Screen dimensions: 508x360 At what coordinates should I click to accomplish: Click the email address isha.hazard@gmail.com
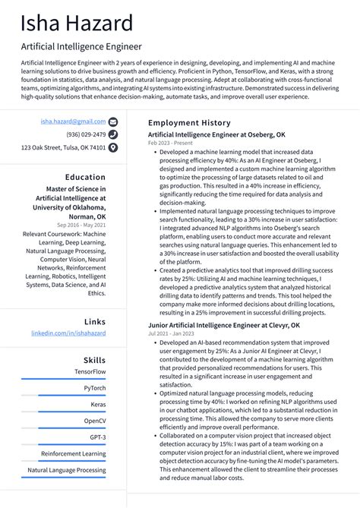coord(74,121)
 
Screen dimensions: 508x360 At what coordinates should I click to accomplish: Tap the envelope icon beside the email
coord(113,121)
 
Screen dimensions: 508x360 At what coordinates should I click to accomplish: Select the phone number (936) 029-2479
coord(87,134)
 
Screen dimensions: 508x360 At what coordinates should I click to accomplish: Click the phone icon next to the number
coord(113,134)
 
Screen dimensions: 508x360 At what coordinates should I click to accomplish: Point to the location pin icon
coord(113,147)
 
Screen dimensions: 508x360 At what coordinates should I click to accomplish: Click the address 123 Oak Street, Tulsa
coord(63,147)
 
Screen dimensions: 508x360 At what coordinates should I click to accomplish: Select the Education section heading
coord(85,177)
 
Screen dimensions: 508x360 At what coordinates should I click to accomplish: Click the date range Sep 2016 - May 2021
coord(81,225)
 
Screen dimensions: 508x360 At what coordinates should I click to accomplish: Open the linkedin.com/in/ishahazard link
coord(68,333)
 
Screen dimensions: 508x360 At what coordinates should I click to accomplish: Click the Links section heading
coord(95,322)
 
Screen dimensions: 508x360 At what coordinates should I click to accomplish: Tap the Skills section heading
coord(94,359)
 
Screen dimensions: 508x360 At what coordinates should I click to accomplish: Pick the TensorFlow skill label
coord(90,371)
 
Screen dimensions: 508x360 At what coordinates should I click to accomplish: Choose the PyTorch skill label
coord(95,387)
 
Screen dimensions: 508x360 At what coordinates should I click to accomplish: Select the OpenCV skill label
coord(95,420)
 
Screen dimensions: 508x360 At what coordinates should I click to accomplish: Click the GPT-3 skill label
coord(97,437)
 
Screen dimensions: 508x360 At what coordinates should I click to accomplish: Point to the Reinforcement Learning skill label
coord(74,453)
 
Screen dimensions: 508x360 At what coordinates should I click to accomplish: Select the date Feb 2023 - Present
coord(170,142)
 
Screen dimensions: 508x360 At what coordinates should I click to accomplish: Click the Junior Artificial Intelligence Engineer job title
coord(223,325)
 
